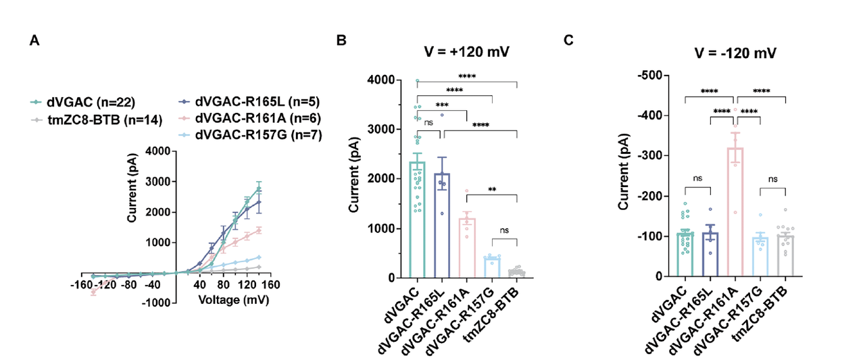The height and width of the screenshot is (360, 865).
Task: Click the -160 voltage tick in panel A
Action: (x=82, y=284)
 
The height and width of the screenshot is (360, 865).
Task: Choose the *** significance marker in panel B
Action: (x=442, y=105)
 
